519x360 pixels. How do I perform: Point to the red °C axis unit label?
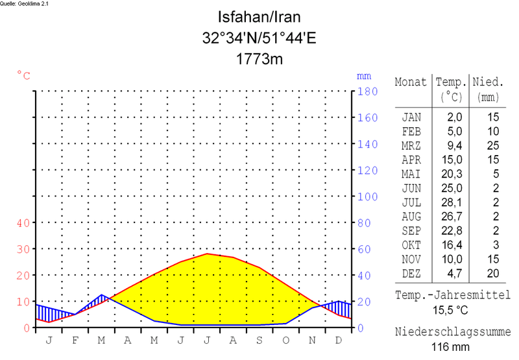click(23, 76)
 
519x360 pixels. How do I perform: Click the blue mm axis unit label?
click(363, 76)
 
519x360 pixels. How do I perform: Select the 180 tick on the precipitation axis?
click(368, 91)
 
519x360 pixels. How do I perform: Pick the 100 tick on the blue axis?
click(368, 197)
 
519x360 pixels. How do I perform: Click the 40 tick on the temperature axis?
click(23, 223)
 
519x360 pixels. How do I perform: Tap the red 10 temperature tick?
click(23, 302)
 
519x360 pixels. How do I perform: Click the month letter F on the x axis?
click(75, 339)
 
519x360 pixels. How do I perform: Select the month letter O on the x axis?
click(285, 339)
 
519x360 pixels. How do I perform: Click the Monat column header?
click(411, 82)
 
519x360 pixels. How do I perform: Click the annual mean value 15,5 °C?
click(452, 311)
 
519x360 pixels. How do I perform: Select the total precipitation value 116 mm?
click(452, 347)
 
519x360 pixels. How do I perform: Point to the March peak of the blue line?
click(102, 295)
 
